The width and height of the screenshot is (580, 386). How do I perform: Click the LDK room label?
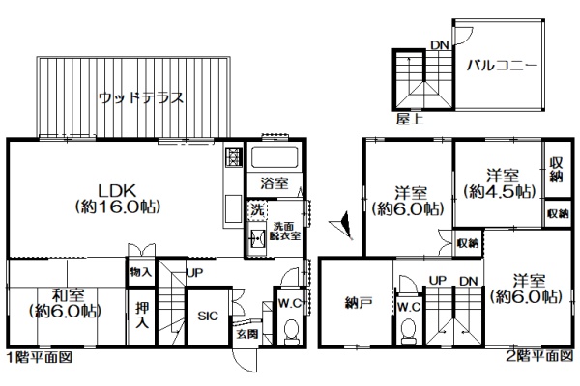click(x=117, y=199)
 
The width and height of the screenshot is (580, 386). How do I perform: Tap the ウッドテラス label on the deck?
click(x=141, y=98)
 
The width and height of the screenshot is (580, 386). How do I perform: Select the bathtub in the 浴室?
click(x=275, y=157)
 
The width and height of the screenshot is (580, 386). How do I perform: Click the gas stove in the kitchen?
click(x=233, y=157)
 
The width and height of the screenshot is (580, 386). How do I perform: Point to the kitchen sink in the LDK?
click(x=233, y=208)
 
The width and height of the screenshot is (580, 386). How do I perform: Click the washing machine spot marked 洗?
click(x=257, y=210)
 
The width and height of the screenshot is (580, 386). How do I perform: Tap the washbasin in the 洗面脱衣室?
click(x=257, y=238)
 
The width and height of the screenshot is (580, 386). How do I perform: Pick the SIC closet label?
click(x=208, y=317)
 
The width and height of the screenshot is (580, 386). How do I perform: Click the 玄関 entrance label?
click(x=247, y=334)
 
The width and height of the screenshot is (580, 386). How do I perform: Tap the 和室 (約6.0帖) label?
click(x=65, y=303)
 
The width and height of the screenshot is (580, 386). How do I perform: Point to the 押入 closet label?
click(x=142, y=316)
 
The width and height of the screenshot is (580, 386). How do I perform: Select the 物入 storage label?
click(x=141, y=272)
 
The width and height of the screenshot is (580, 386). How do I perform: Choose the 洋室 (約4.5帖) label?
click(x=500, y=183)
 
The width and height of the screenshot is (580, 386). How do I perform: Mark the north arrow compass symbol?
click(x=342, y=225)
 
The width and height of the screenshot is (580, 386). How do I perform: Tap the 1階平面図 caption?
click(x=40, y=357)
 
